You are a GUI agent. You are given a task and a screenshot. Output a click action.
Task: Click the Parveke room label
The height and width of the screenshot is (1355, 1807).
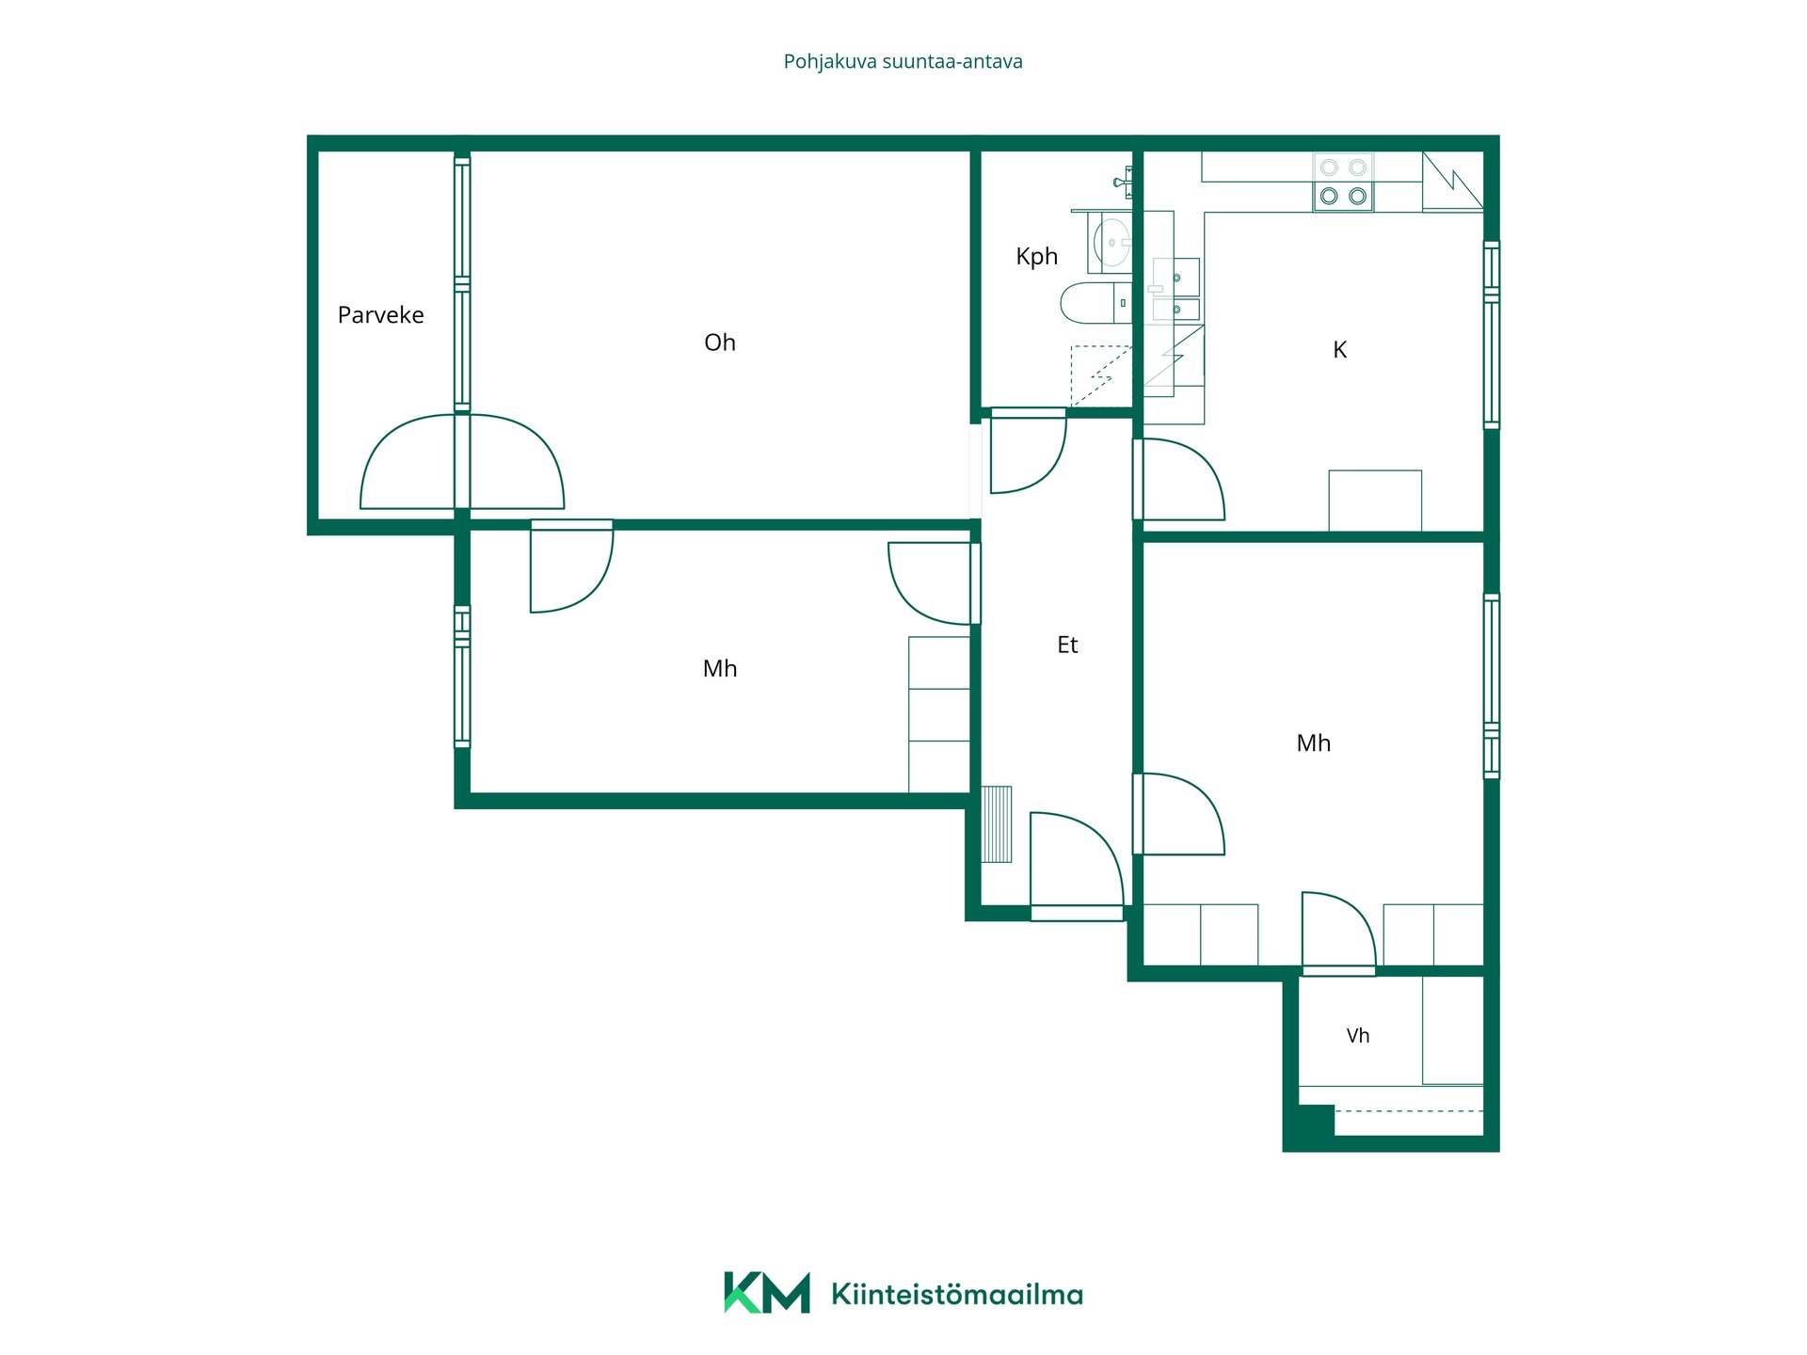click(380, 314)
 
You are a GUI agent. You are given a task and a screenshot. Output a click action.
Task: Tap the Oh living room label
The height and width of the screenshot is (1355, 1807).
click(720, 343)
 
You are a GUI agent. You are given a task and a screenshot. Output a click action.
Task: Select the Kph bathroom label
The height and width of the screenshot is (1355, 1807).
click(1036, 257)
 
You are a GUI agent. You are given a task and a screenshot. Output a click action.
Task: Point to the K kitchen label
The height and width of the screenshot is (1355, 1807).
click(1339, 350)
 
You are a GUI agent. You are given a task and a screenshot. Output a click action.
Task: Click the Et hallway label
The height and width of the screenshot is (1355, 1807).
click(1067, 645)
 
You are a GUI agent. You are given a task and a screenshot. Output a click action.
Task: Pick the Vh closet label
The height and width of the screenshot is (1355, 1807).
click(1357, 1035)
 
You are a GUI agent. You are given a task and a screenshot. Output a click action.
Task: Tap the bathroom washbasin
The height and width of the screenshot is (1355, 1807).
click(1110, 242)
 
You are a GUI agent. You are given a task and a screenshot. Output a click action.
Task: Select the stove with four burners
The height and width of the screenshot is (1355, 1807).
click(1343, 183)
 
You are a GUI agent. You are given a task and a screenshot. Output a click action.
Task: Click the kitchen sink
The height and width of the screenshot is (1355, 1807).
click(1175, 290)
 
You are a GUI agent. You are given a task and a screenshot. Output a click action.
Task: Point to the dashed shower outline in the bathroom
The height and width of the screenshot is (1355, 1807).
click(1101, 375)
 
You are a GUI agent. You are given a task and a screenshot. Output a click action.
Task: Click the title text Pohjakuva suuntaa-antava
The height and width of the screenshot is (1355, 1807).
click(903, 62)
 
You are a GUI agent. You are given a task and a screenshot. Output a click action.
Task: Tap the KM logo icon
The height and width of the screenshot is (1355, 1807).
click(766, 1292)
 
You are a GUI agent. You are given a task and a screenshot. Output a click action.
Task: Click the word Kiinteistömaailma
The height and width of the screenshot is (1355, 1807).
click(957, 1295)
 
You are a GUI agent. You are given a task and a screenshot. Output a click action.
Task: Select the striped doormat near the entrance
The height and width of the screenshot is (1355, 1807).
click(997, 824)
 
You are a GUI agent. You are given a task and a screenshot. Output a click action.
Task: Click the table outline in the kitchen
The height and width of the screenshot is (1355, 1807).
click(1375, 501)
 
